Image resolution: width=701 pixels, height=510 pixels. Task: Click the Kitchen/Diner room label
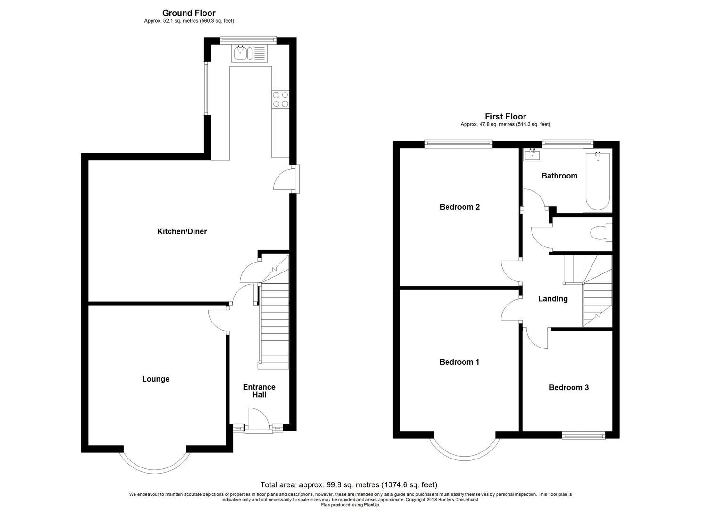(182, 231)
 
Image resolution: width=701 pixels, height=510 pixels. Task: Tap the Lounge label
(155, 379)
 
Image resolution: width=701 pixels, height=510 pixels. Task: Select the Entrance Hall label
(259, 391)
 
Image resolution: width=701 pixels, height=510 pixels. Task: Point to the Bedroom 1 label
(459, 362)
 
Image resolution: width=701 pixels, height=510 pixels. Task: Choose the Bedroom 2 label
(459, 207)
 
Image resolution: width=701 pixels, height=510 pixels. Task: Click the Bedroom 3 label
(568, 387)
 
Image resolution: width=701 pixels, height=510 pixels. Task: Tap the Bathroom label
(559, 176)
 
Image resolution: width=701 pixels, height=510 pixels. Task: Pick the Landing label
(553, 298)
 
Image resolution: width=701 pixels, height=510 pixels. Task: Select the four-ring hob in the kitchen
(280, 99)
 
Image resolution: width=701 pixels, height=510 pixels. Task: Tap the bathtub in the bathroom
(598, 181)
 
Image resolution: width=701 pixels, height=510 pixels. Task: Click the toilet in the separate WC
(602, 234)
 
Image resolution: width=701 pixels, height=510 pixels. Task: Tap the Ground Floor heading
(189, 13)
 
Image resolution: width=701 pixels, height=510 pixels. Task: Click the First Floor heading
(505, 116)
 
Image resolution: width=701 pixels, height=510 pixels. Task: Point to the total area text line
(349, 484)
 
